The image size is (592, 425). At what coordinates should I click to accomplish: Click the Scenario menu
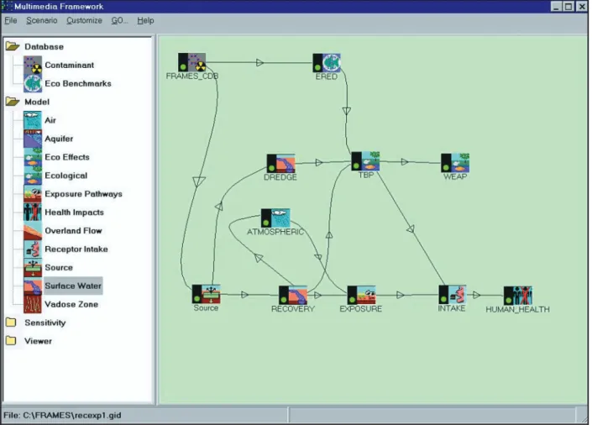coord(41,20)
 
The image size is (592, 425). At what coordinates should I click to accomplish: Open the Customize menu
coord(84,20)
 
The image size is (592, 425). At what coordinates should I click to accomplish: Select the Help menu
coord(145,20)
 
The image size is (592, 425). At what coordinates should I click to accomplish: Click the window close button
coord(582,7)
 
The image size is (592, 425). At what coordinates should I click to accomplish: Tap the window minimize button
coord(556,7)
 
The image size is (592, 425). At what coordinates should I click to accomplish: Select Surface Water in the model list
coord(73,286)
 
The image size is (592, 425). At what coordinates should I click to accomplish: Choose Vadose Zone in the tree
coord(71,304)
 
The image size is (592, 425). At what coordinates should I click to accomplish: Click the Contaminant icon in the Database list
coord(33,65)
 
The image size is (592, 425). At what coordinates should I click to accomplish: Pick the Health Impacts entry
coord(74,212)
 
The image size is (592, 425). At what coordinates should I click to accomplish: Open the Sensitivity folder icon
coord(11,323)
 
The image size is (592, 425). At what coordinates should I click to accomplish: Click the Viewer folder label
coord(38,341)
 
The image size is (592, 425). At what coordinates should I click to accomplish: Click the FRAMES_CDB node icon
coord(191,62)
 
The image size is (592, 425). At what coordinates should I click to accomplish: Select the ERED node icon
coord(327,63)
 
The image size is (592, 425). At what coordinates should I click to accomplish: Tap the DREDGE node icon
coord(280,164)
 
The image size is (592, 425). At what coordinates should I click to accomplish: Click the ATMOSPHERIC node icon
coord(275,218)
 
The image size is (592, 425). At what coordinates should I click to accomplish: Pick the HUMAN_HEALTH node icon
coord(517,296)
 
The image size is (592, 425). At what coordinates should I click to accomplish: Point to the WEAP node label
coord(455,176)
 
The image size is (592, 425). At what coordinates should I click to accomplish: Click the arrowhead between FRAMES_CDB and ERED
coord(259,63)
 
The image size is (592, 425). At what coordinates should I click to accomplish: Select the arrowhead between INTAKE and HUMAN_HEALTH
coord(476,295)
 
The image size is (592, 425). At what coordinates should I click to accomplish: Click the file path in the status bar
coord(62,415)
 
